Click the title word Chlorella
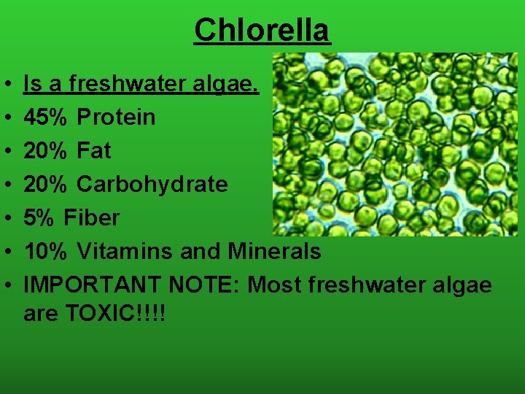262,30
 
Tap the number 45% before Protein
47,117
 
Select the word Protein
116,117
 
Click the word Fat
93,150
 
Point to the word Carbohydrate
152,184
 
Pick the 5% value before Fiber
40,217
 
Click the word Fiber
92,217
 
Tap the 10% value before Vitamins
47,251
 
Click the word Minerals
274,251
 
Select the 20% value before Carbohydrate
47,184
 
